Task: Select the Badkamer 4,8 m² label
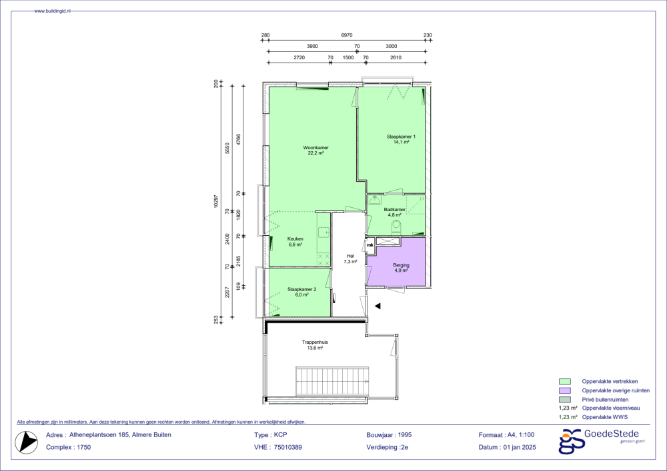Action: (394, 213)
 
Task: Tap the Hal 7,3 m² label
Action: (350, 258)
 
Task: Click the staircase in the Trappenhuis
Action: (331, 380)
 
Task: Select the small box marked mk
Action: (370, 245)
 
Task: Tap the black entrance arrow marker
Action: (378, 306)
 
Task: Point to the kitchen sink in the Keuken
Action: (323, 232)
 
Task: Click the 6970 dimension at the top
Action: (347, 35)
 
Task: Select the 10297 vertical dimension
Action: (216, 202)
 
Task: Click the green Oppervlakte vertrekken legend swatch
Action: (564, 382)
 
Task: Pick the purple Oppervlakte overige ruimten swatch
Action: (564, 391)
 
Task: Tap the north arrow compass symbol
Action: (27, 442)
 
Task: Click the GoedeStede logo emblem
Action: (570, 441)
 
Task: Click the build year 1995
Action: (405, 435)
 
